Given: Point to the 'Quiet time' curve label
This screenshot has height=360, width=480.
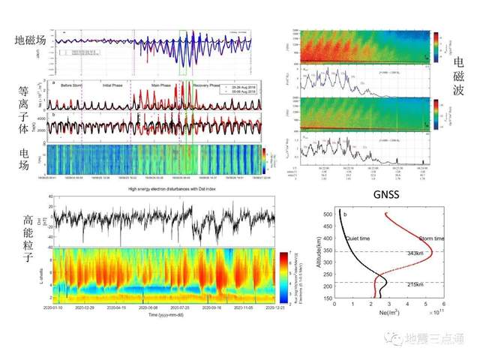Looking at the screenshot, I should (x=359, y=238).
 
